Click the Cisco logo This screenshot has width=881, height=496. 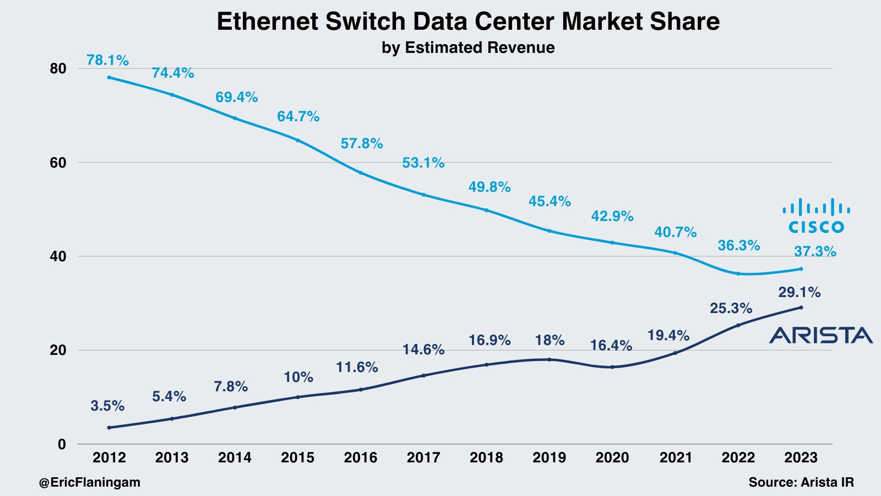(816, 216)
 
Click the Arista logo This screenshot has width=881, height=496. (820, 335)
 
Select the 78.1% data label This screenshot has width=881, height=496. (107, 60)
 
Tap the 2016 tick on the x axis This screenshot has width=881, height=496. (361, 457)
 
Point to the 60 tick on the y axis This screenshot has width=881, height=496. (58, 163)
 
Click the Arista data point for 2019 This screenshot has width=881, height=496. (550, 359)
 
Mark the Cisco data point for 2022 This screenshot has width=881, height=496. (738, 273)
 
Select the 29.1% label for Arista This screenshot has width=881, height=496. (799, 292)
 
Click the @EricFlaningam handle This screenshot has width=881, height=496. (89, 482)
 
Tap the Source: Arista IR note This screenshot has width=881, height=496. (801, 482)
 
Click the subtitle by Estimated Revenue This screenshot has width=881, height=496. (468, 47)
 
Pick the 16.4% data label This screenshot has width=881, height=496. (611, 346)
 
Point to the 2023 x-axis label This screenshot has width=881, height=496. (801, 457)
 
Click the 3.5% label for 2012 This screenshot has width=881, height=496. (107, 406)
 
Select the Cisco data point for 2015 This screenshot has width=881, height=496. (298, 140)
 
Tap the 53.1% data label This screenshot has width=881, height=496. (423, 163)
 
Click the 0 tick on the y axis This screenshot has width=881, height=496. (61, 444)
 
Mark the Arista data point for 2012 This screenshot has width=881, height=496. (109, 428)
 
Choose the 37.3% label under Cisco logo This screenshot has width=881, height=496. (815, 252)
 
